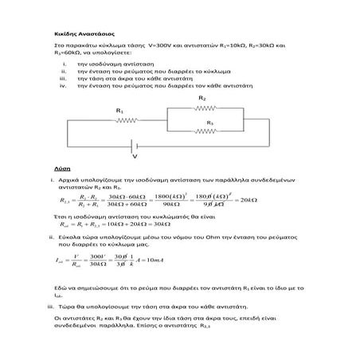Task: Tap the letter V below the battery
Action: pos(134,155)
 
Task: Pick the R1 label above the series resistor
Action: pos(119,110)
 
